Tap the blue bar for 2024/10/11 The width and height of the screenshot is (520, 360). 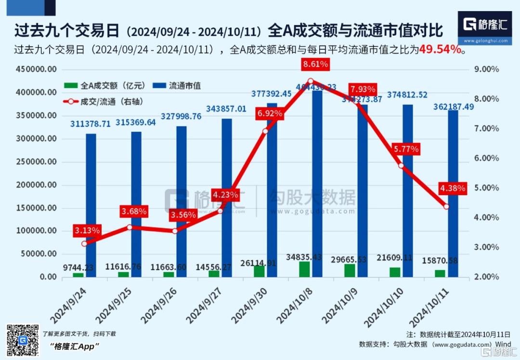click(x=453, y=193)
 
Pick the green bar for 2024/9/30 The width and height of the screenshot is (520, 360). click(x=259, y=271)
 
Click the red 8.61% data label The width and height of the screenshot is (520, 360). click(x=315, y=64)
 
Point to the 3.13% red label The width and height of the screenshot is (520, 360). click(x=87, y=231)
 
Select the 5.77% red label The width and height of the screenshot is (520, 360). click(x=405, y=149)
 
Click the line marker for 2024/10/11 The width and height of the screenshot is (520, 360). click(x=446, y=206)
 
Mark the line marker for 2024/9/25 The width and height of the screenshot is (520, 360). click(x=130, y=227)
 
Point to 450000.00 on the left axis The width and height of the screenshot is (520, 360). click(x=37, y=69)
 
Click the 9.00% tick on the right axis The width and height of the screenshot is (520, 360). click(x=486, y=69)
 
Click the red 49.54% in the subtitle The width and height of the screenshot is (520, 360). click(x=441, y=49)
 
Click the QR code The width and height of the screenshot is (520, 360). click(x=22, y=340)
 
